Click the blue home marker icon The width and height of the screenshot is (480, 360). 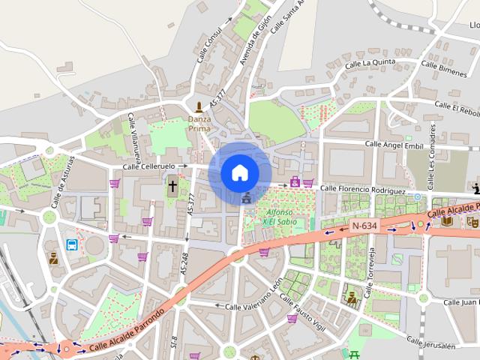pos(239,172)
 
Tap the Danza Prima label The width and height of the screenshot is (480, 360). pos(199,123)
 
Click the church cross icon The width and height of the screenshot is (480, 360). pos(172,185)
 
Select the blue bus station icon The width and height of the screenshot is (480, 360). pos(71,244)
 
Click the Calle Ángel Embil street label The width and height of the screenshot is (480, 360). pos(394,144)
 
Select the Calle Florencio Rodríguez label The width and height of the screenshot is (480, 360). pos(363,189)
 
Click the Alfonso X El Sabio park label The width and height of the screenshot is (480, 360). pos(271,217)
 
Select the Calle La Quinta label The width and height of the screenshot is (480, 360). pos(370,64)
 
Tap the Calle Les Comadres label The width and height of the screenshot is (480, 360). pos(433,166)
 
